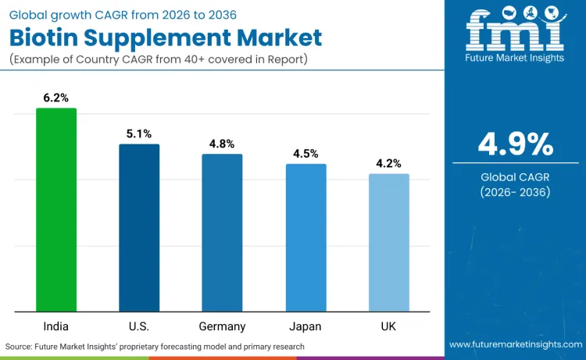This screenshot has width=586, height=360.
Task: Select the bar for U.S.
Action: click(x=139, y=227)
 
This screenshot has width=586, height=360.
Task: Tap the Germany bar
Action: click(x=222, y=232)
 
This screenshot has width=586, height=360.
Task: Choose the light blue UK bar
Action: click(x=388, y=242)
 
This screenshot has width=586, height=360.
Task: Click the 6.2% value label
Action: click(x=56, y=98)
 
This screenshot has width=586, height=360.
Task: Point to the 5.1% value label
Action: click(x=139, y=134)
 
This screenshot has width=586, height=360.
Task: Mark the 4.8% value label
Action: click(x=222, y=144)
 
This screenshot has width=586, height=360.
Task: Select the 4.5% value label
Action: click(x=306, y=154)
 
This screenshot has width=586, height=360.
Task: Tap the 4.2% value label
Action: click(x=388, y=163)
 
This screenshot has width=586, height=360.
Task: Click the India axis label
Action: click(x=56, y=326)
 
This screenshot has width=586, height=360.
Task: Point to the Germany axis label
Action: click(x=222, y=326)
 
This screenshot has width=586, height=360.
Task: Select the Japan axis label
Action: click(x=306, y=326)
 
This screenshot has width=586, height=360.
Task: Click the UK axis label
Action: click(x=388, y=326)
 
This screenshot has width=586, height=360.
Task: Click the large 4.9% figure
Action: click(x=516, y=144)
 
